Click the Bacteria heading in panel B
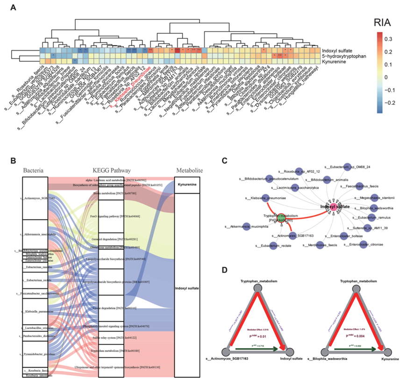click(x=34, y=170)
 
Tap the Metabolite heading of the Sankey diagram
click(x=189, y=170)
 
